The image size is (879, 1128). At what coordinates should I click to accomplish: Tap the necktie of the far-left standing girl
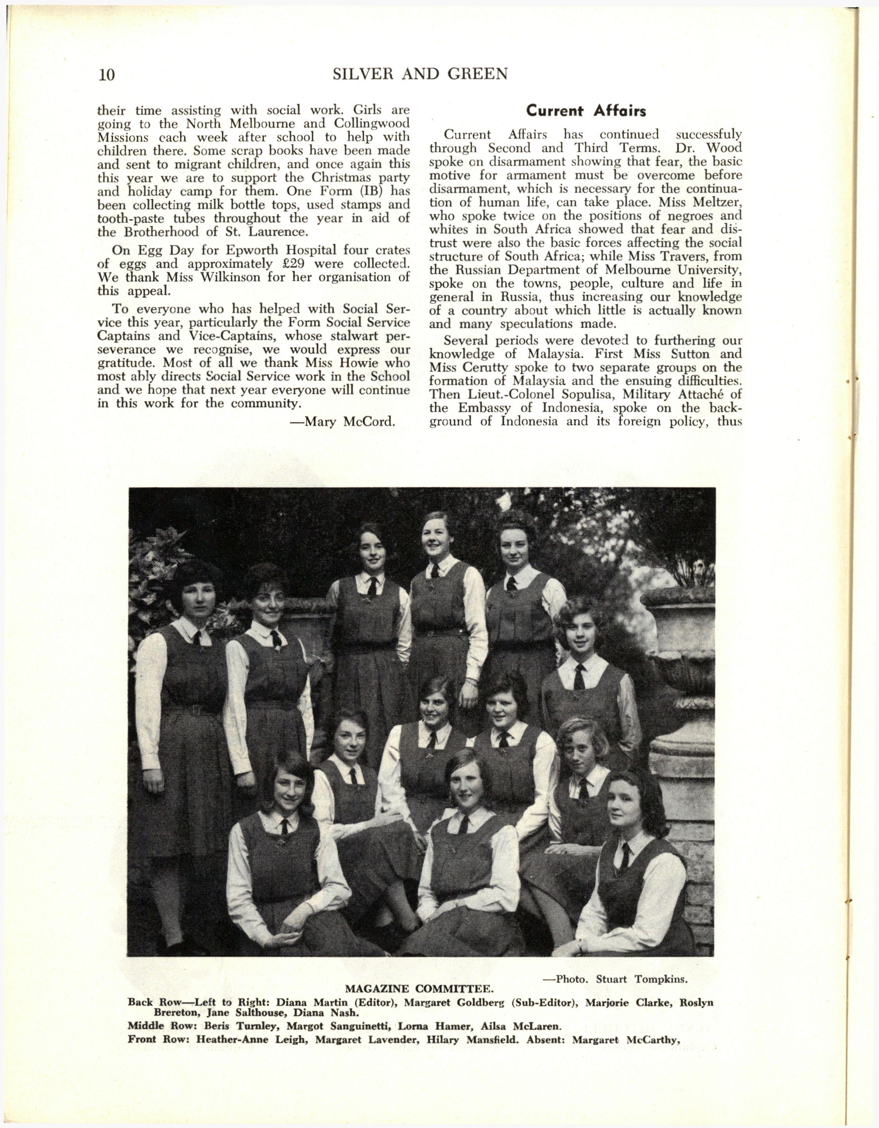coord(197,638)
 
